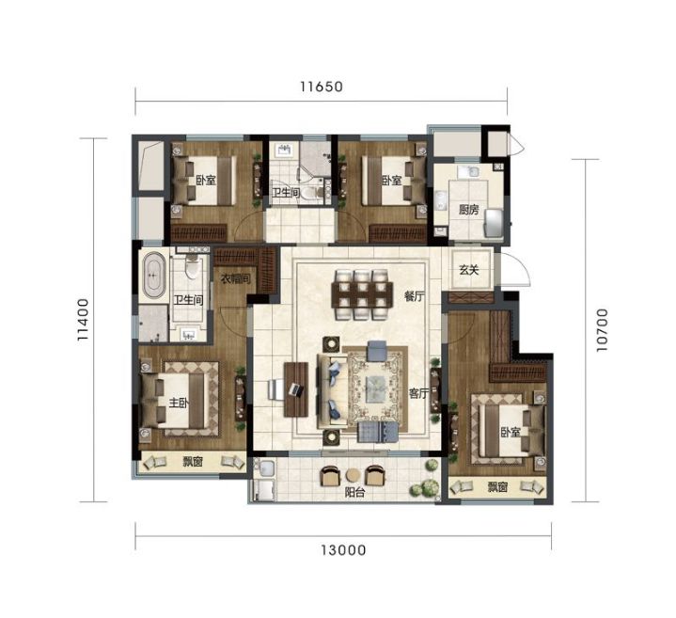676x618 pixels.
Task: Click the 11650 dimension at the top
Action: click(x=322, y=87)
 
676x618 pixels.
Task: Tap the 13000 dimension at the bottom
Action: click(x=343, y=550)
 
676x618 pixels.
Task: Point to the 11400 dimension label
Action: click(x=83, y=320)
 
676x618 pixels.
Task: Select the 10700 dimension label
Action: click(x=602, y=330)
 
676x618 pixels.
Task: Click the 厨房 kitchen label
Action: click(x=468, y=210)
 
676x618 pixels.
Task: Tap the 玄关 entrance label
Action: click(x=468, y=270)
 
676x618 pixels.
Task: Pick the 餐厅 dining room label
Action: click(x=415, y=296)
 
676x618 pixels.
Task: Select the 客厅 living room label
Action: click(x=418, y=393)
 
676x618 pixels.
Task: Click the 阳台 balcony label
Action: click(x=354, y=492)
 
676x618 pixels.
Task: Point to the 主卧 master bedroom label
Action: click(x=179, y=403)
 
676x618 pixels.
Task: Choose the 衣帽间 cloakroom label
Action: click(x=235, y=279)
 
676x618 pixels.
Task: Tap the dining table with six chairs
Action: click(x=362, y=294)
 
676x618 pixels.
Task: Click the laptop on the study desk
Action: click(x=296, y=389)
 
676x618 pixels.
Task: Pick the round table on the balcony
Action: click(x=354, y=475)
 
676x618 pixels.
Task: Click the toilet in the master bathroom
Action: click(x=192, y=267)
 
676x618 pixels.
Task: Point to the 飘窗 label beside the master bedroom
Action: click(x=193, y=462)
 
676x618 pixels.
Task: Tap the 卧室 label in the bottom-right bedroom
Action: click(x=511, y=432)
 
